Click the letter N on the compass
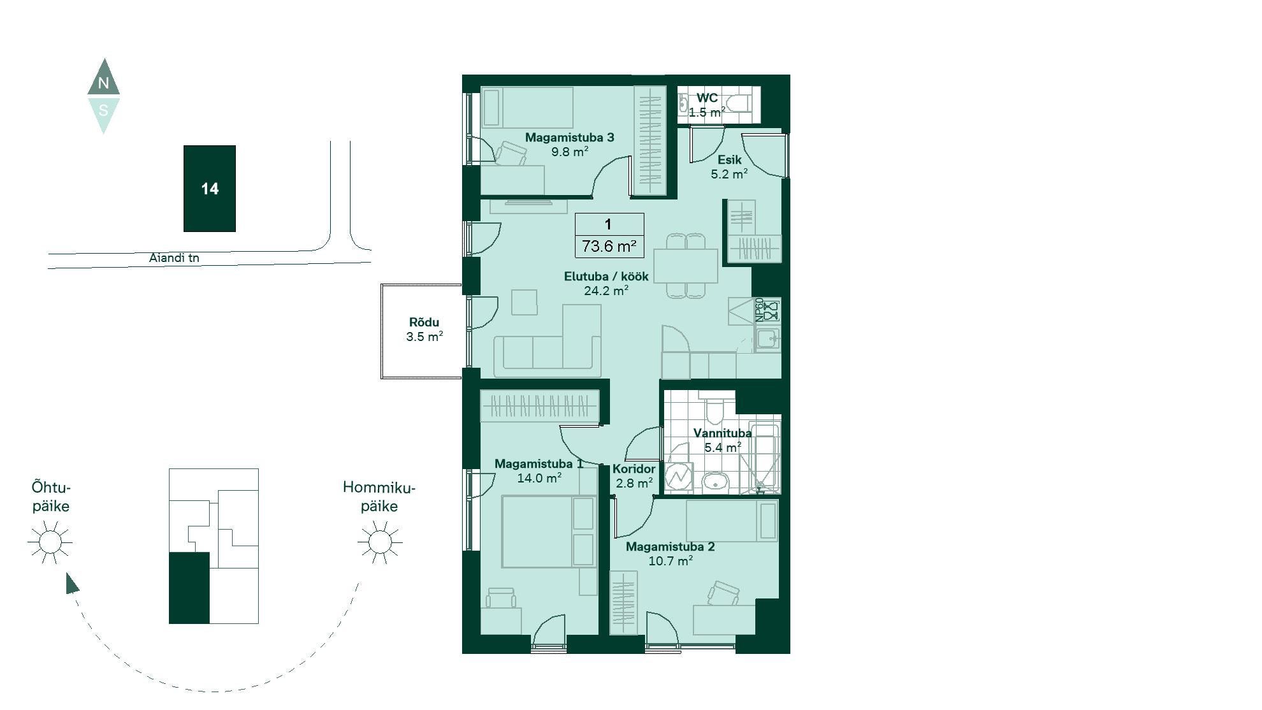click(103, 83)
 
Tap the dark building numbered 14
click(210, 189)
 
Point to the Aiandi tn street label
click(174, 258)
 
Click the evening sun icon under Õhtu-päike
click(50, 542)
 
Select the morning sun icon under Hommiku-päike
click(380, 542)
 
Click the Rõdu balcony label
click(424, 322)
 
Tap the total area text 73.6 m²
click(609, 246)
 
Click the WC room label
click(707, 98)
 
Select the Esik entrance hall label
click(730, 160)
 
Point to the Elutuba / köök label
click(606, 277)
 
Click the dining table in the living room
click(686, 266)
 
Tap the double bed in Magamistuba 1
click(549, 532)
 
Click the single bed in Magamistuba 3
click(526, 108)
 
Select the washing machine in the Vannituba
click(679, 475)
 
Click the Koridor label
click(634, 469)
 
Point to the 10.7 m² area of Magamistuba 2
click(671, 561)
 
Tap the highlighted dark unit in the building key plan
click(189, 588)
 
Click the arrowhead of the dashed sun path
click(72, 583)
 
